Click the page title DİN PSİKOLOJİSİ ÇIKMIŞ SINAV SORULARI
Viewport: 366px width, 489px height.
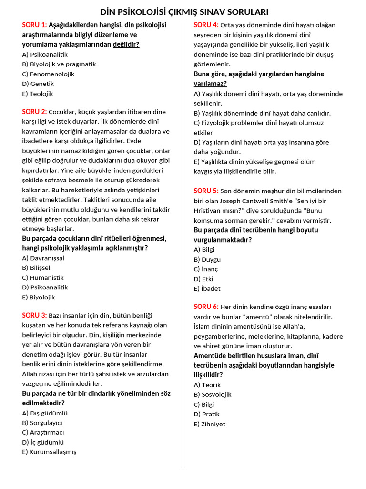click(184, 11)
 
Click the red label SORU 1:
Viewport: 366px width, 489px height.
click(34, 25)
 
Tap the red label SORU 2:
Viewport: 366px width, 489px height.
click(34, 112)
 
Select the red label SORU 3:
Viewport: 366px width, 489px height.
click(34, 315)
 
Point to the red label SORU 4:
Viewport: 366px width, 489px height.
click(206, 25)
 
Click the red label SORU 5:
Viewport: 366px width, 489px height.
click(206, 191)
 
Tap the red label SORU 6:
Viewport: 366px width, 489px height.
click(206, 307)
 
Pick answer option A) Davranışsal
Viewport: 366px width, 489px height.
click(43, 258)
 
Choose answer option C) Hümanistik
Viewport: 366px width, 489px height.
click(43, 277)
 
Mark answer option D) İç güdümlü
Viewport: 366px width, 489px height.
click(43, 442)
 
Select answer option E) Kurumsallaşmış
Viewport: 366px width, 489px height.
click(49, 452)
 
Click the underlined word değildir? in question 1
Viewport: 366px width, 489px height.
click(126, 44)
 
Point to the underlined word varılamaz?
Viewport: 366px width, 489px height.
click(210, 84)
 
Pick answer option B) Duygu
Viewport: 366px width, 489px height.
click(207, 259)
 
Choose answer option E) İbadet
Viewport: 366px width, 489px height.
click(207, 288)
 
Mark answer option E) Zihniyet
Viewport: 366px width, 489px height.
click(210, 424)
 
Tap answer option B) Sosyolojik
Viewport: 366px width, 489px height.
click(213, 394)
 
